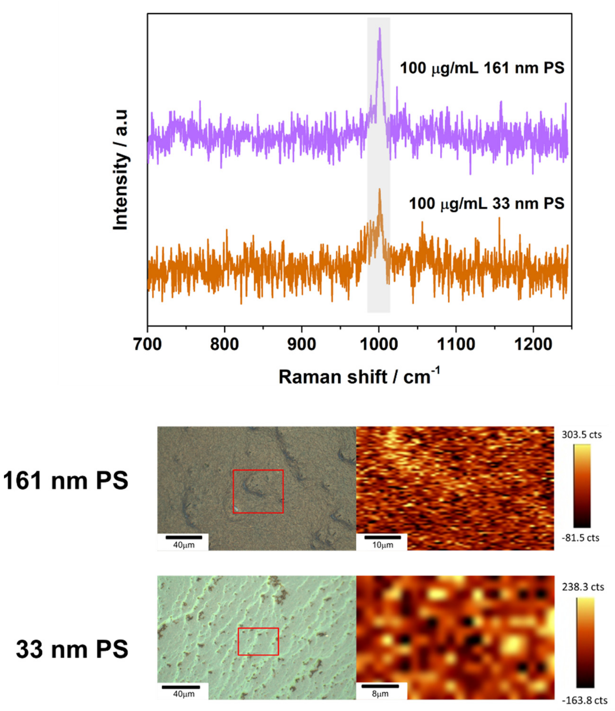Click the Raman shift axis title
click(x=359, y=377)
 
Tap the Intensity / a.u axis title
click(x=121, y=170)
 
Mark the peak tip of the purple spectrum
click(x=380, y=28)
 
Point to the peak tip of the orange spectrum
click(x=380, y=189)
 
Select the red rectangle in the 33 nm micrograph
click(x=258, y=641)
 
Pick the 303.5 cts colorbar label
click(x=582, y=435)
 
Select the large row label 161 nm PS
click(x=66, y=481)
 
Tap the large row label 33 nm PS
click(x=72, y=650)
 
